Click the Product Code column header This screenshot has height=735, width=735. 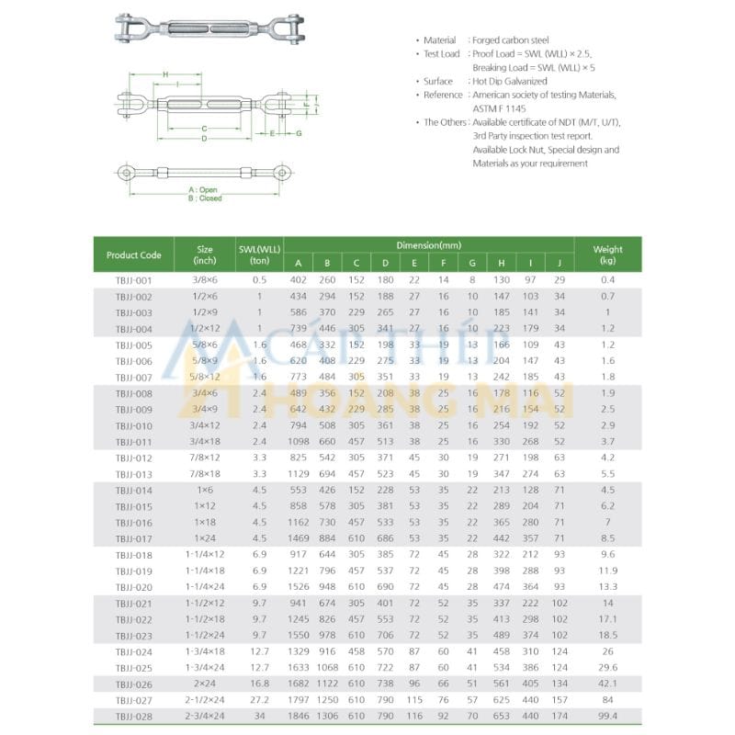[x=133, y=254]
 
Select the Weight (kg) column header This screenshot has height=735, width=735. [x=607, y=254]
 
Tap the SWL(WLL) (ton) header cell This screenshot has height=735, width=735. [x=259, y=254]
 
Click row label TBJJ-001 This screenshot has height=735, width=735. [x=133, y=279]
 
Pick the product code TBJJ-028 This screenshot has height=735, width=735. [x=133, y=716]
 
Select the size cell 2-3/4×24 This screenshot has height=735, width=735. [x=205, y=716]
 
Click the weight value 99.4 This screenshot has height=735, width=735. [x=607, y=716]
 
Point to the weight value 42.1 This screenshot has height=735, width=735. [x=607, y=684]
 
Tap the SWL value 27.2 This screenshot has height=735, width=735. [x=259, y=699]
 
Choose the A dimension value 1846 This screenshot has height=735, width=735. [x=299, y=716]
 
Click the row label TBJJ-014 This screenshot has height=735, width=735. [x=133, y=490]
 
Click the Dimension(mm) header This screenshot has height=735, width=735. [x=428, y=245]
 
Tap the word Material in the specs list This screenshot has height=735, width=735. [x=439, y=40]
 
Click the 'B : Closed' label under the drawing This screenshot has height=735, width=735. [x=204, y=198]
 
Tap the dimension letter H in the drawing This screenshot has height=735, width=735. [x=164, y=73]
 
